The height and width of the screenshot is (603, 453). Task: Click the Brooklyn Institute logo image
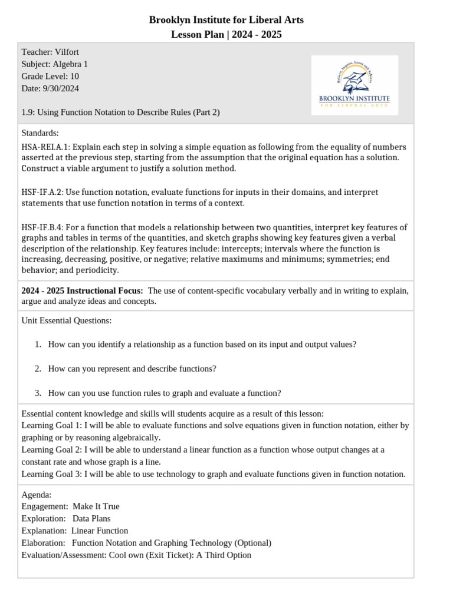click(354, 85)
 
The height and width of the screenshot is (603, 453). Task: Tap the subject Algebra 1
click(70, 64)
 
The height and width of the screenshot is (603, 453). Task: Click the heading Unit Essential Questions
click(66, 320)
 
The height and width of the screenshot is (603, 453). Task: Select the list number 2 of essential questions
click(38, 369)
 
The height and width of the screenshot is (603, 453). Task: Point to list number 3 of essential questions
click(38, 393)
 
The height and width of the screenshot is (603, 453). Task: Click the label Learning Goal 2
click(52, 450)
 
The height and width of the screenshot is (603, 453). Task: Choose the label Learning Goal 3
click(52, 474)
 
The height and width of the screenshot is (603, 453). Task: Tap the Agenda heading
click(36, 495)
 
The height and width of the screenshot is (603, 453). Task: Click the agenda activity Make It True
click(96, 506)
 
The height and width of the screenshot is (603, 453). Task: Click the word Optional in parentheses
click(252, 543)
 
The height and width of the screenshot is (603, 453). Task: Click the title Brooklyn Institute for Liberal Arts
click(226, 20)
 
